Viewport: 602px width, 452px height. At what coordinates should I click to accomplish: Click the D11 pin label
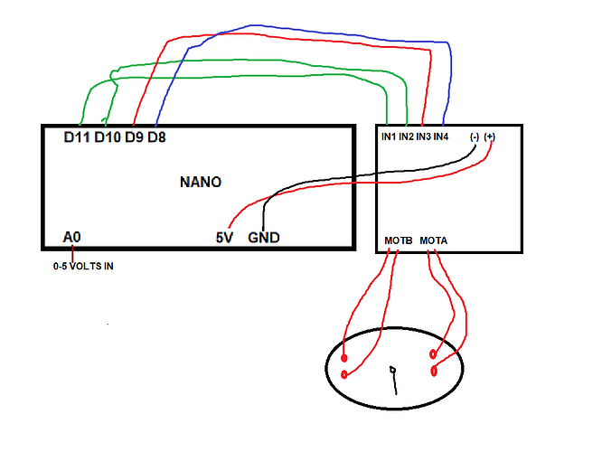(x=77, y=138)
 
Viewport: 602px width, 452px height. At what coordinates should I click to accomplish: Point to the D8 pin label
(x=156, y=138)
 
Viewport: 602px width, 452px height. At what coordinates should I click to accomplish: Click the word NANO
(x=201, y=182)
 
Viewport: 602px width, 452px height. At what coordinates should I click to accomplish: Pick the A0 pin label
(x=72, y=237)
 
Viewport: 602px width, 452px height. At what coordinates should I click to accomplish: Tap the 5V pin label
(x=224, y=238)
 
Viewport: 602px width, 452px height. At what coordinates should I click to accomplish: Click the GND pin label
(x=264, y=238)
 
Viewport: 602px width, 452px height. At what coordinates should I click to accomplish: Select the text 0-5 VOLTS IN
(x=83, y=267)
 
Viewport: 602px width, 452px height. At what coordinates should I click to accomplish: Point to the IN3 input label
(x=423, y=137)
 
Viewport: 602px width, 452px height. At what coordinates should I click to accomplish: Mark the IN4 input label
(x=441, y=137)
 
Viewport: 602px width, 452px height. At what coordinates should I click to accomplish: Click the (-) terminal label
(x=475, y=137)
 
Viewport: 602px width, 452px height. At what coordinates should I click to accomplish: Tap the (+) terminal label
(x=490, y=137)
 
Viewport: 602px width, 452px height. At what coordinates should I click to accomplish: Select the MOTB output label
(x=398, y=240)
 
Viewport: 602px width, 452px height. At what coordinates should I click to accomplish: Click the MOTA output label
(x=434, y=240)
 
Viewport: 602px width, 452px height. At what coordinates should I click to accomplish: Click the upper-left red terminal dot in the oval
(x=344, y=358)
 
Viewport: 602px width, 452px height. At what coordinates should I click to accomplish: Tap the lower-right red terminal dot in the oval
(x=435, y=371)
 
